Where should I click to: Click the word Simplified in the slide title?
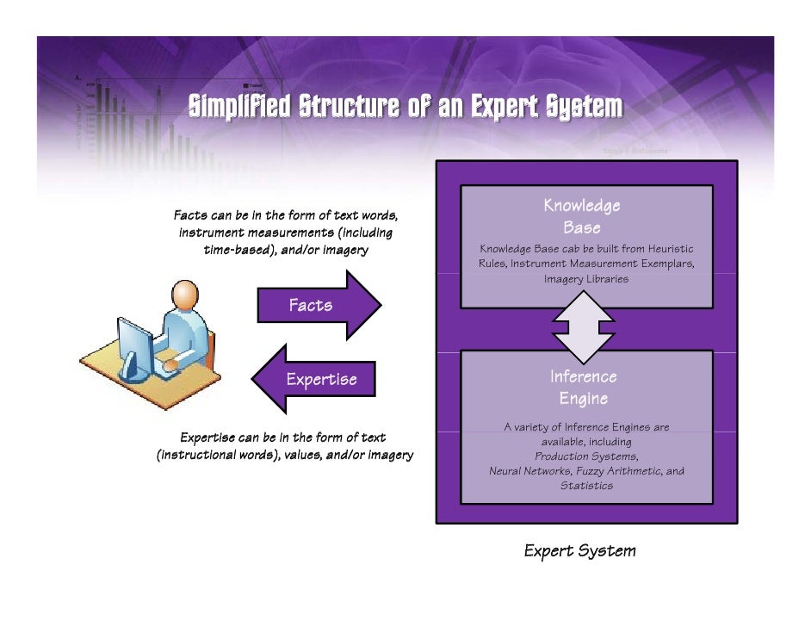[239, 107]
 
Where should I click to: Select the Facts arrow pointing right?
[319, 305]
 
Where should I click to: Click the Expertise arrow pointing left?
[313, 379]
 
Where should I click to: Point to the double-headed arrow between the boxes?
[584, 330]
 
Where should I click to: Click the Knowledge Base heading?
[581, 216]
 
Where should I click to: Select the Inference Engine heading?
[584, 388]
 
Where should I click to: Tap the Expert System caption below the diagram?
[580, 551]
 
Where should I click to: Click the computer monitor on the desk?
[135, 346]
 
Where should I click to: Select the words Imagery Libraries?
[586, 279]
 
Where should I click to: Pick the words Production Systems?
[586, 456]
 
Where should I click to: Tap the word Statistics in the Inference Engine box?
[586, 486]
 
